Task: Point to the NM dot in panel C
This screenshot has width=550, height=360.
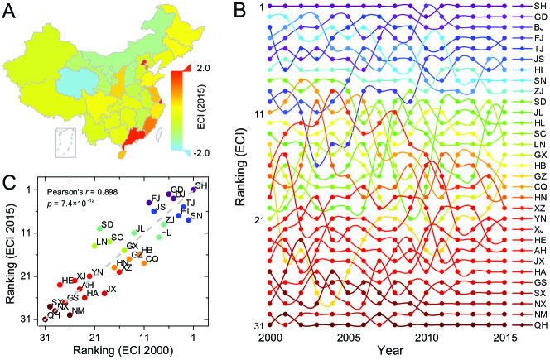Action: pyautogui.click(x=70, y=314)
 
